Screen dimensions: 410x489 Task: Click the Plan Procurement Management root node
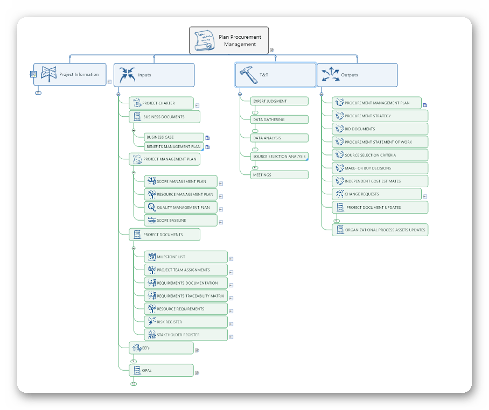(229, 41)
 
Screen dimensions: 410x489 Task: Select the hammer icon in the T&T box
(249, 75)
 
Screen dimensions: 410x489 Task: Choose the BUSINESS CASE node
(173, 137)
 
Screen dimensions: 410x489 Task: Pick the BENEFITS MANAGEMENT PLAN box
(173, 146)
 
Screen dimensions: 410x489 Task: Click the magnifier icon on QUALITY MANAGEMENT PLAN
(151, 207)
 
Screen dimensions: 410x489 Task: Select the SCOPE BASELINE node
(180, 220)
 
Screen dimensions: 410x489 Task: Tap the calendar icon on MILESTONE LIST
(151, 257)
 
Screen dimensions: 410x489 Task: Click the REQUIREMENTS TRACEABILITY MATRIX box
(186, 296)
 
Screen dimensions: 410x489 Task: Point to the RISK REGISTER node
(186, 322)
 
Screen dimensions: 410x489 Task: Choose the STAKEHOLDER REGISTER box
(186, 335)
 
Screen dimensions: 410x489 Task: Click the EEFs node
(160, 348)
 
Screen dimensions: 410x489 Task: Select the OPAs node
(160, 370)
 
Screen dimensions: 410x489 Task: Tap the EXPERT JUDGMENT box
(280, 101)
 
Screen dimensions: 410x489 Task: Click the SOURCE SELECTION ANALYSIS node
(280, 157)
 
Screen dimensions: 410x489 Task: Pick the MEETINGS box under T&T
(280, 175)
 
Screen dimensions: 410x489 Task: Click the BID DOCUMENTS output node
(380, 129)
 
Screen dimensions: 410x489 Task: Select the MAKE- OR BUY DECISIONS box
(380, 168)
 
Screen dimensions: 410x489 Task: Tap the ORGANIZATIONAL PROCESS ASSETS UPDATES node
(380, 230)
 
